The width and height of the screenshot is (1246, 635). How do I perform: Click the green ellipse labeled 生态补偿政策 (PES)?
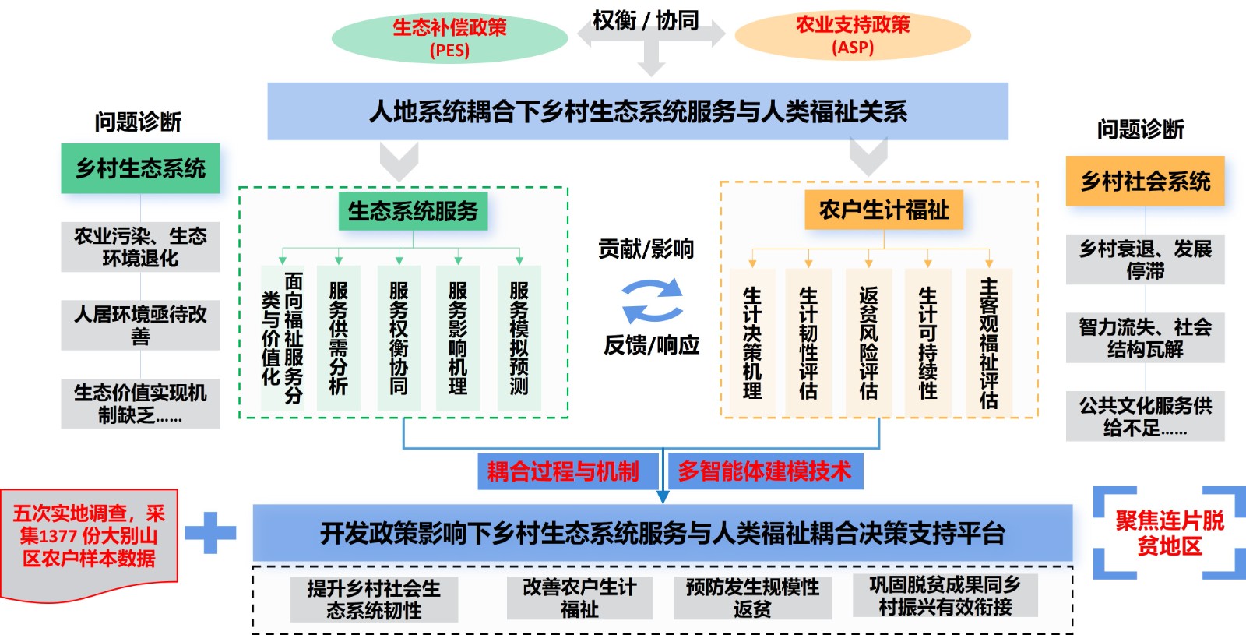449,38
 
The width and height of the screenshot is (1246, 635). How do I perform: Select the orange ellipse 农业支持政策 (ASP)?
853,36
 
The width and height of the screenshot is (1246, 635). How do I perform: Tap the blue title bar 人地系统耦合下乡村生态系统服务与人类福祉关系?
638,111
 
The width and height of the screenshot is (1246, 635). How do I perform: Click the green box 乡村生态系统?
140,168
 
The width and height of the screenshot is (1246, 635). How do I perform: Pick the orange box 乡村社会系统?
1145,182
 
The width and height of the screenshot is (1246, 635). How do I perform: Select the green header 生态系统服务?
413,211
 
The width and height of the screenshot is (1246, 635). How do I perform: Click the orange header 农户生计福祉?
884,210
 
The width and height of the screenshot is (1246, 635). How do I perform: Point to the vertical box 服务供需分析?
339,338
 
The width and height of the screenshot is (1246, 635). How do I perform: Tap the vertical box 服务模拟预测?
519,338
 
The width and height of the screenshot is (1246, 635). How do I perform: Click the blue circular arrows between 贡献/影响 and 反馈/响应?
652,301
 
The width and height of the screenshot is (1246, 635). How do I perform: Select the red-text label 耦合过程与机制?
563,471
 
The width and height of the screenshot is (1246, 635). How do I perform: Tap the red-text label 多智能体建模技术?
765,471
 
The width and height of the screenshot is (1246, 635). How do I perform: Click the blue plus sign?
209,533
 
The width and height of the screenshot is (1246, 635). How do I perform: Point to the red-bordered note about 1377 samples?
89,537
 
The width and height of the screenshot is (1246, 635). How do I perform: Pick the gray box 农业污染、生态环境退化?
140,247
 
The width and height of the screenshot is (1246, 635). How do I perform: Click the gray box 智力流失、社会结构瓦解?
1145,338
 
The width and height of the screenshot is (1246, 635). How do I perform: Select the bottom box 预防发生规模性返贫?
752,598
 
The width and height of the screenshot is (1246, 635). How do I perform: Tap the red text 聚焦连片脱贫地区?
1170,533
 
